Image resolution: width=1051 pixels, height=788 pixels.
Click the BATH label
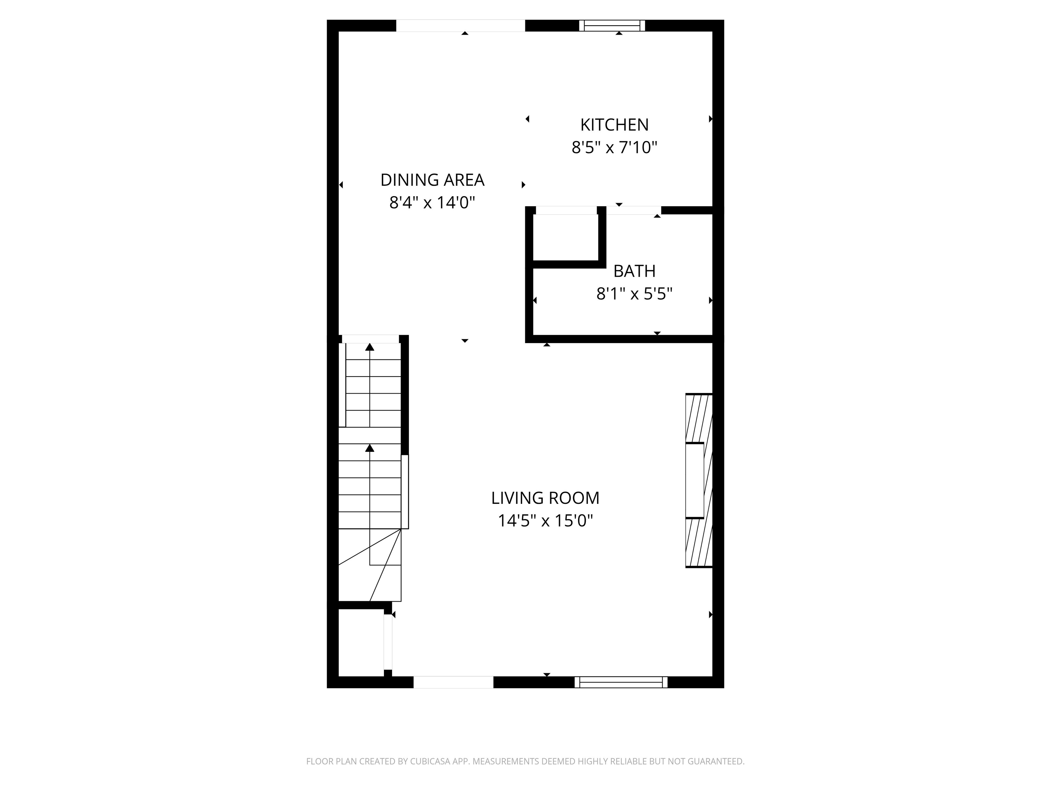tap(634, 271)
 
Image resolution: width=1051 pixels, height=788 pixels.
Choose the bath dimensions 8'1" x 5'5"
tap(634, 294)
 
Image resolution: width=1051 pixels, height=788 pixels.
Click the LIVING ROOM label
tap(545, 498)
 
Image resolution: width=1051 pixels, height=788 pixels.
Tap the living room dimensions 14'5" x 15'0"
tap(545, 521)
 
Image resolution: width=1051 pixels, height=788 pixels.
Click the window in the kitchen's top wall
tap(612, 26)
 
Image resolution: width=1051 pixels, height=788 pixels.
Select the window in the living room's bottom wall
tap(621, 682)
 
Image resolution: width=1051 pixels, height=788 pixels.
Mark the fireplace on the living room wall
tap(699, 480)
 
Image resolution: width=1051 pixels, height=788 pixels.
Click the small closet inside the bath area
tap(566, 237)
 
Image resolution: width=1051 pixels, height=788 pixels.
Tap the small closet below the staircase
tap(361, 642)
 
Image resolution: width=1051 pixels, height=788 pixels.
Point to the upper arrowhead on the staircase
tap(369, 347)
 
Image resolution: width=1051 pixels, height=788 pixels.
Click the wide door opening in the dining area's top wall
tap(460, 26)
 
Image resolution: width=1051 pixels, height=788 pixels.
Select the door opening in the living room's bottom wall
tap(453, 682)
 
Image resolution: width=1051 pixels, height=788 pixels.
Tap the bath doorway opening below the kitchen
tap(634, 210)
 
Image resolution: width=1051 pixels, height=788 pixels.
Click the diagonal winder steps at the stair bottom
tap(375, 565)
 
